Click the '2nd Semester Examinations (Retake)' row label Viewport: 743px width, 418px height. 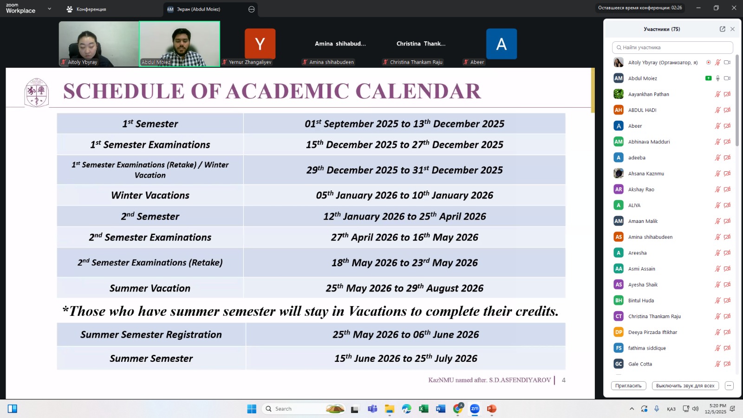(150, 263)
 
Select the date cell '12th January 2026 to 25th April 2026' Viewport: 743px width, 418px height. (404, 216)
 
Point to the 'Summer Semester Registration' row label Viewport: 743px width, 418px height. (151, 335)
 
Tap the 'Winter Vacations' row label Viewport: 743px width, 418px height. (150, 196)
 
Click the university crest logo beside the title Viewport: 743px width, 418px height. (36, 92)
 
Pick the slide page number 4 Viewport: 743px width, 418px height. (563, 380)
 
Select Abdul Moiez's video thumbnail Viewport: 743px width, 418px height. (180, 44)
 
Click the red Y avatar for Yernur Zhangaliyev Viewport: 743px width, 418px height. (260, 44)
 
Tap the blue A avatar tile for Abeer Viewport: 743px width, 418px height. (501, 44)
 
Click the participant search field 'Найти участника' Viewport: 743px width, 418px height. (672, 47)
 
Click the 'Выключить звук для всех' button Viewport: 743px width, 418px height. (685, 385)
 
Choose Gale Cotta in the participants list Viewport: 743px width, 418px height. (640, 364)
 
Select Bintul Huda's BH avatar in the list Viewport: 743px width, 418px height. (619, 300)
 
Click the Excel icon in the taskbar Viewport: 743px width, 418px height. (424, 409)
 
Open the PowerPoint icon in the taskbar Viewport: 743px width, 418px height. (491, 409)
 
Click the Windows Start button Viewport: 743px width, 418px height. (252, 409)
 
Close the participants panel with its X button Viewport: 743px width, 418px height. (732, 29)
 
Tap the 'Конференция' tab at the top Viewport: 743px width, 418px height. (86, 9)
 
